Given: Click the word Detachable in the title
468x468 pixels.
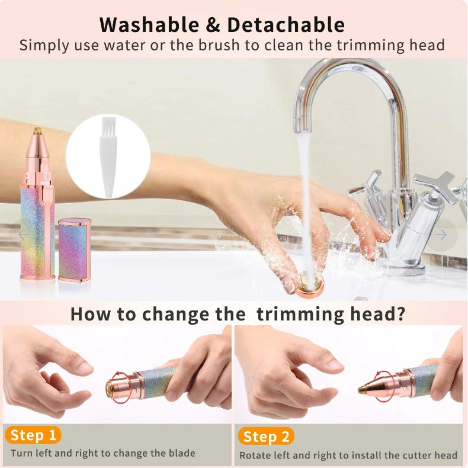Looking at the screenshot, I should (x=286, y=25).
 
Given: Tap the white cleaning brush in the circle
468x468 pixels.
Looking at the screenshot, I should (x=108, y=156).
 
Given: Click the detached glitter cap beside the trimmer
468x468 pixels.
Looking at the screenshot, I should (x=75, y=249).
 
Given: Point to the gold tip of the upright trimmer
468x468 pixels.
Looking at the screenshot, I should (x=37, y=129).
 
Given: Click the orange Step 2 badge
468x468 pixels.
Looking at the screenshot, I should (x=266, y=437).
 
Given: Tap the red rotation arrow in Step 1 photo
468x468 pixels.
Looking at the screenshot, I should (x=120, y=386).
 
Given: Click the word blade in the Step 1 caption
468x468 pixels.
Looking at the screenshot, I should (x=181, y=454).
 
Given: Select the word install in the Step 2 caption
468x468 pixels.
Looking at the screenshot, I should (x=370, y=455).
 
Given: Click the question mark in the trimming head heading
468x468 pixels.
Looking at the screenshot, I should (x=400, y=314).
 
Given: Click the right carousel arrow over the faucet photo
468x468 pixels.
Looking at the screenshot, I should (x=441, y=235).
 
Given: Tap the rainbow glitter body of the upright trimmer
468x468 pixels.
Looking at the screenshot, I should (x=37, y=231).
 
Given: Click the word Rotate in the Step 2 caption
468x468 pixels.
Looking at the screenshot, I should (x=255, y=455).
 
